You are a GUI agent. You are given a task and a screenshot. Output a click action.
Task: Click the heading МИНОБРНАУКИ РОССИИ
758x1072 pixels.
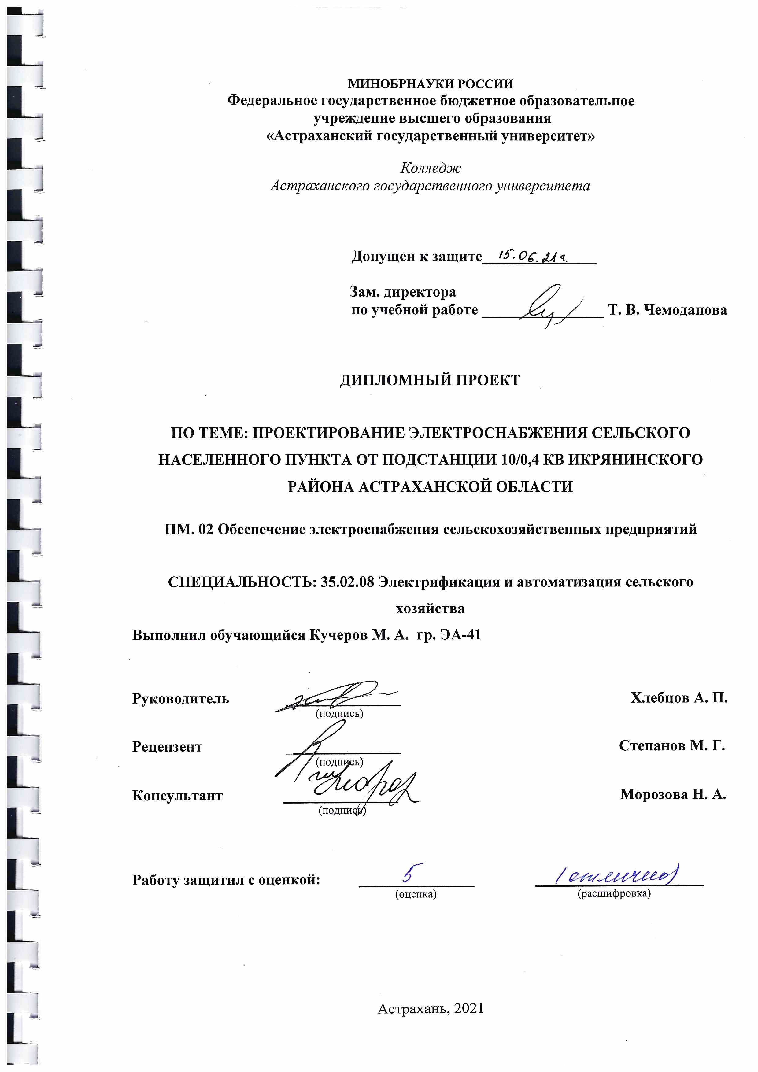430,84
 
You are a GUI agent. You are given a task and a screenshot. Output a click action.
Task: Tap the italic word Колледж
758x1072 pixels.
430,168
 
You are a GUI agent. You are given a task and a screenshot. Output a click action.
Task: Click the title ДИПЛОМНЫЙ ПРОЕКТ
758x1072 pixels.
430,381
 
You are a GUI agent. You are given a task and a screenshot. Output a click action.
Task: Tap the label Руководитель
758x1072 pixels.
180,699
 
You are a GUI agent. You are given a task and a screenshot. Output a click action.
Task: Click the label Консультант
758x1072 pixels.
177,796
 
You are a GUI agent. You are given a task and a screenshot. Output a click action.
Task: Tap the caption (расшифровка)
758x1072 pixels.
614,894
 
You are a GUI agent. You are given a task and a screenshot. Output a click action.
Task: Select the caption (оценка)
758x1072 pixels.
416,894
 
